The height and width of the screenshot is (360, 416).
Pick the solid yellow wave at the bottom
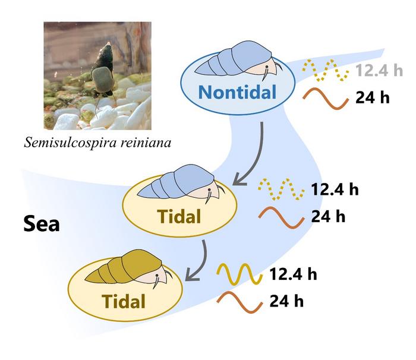[239, 275]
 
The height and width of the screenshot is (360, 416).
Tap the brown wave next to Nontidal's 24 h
[325, 98]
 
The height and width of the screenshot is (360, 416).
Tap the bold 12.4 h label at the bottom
[293, 274]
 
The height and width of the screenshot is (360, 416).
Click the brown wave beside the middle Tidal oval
[280, 216]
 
